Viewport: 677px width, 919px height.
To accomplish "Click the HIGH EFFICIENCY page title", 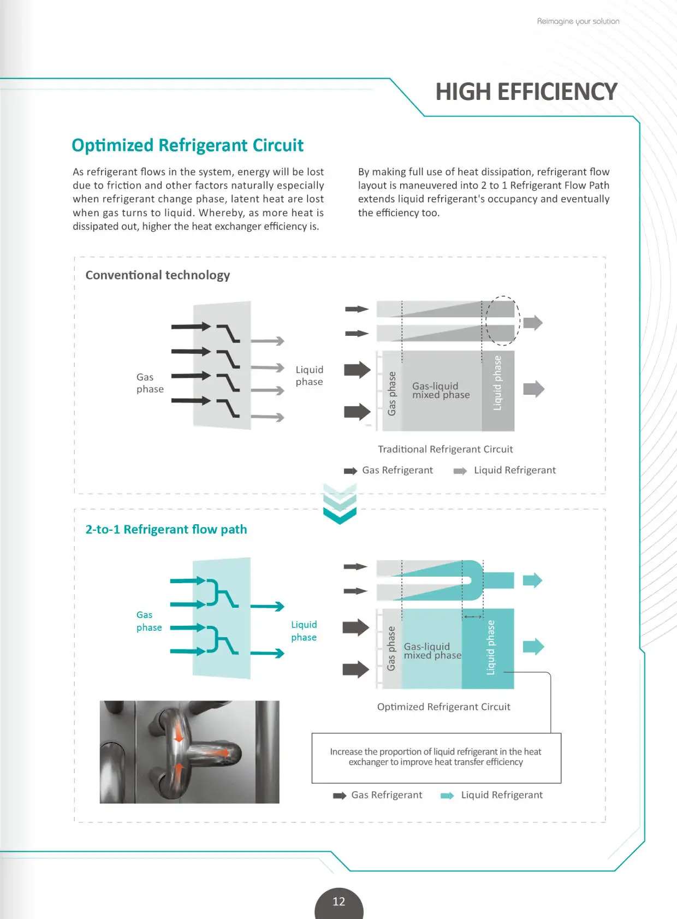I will click(526, 92).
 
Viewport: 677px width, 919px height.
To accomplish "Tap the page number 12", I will click(339, 902).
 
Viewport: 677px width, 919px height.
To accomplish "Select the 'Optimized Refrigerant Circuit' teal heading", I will click(187, 145).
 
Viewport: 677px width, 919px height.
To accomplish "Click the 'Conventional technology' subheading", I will click(158, 275).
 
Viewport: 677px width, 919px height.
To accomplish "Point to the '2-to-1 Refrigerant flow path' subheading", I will click(166, 530).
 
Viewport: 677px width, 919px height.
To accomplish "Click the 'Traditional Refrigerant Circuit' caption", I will click(445, 449).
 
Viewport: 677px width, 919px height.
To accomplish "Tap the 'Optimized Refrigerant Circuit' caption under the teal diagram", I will click(443, 707).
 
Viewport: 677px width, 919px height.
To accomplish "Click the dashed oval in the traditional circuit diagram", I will click(502, 321).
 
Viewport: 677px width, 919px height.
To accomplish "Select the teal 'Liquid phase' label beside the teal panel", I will click(304, 631).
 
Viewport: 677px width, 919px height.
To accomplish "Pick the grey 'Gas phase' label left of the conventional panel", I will click(150, 383).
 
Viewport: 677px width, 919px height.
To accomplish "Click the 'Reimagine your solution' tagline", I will click(578, 21).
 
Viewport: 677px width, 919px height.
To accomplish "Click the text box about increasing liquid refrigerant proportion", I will click(436, 757).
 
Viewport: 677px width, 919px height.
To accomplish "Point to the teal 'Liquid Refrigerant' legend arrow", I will click(447, 796).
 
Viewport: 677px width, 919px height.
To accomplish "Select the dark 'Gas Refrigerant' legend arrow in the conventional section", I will click(350, 471).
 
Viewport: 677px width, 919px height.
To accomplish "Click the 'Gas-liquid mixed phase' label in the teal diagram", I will click(432, 651).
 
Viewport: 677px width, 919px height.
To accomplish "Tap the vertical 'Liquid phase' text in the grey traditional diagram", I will click(497, 383).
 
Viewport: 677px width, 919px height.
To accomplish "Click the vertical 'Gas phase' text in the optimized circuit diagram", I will click(391, 648).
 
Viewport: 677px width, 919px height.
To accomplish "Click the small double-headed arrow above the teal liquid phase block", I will click(473, 617).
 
